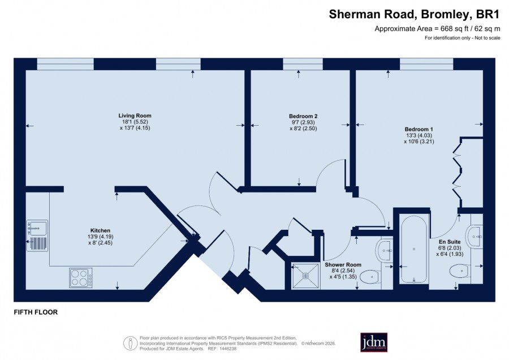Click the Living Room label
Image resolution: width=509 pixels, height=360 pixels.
point(135,115)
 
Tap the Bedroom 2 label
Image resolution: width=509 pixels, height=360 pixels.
point(303,116)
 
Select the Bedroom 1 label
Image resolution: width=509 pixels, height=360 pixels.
point(419,129)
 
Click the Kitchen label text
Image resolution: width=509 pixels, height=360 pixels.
point(100,231)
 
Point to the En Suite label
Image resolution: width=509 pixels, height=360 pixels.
point(450,242)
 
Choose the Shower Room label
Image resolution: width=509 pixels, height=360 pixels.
point(343,265)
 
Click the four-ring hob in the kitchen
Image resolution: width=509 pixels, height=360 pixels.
point(80,277)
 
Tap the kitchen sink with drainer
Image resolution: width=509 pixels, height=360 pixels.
point(37,235)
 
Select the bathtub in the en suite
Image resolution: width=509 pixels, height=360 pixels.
point(413,249)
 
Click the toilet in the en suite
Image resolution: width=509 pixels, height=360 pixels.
point(460,271)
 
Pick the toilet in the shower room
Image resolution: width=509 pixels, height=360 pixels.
point(370,277)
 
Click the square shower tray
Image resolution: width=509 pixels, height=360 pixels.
point(305,276)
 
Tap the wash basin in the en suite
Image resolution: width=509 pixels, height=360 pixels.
point(475,236)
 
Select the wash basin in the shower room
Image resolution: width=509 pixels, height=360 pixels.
point(385,251)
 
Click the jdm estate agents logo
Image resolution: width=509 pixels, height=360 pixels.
point(374,342)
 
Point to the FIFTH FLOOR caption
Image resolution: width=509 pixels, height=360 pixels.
point(36,312)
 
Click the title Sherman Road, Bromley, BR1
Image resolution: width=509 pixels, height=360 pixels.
point(414,14)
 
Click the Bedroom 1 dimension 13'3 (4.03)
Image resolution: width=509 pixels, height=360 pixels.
point(419,135)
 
